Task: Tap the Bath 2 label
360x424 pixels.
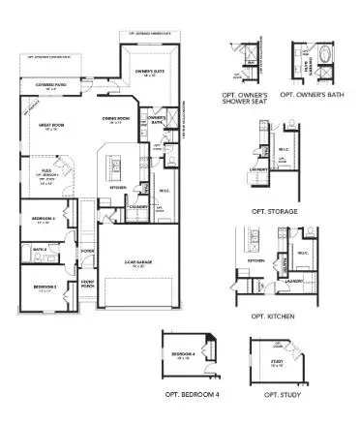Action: [x=39, y=249]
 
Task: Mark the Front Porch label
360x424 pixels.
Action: [x=86, y=285]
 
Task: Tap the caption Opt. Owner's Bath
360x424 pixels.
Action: [x=310, y=95]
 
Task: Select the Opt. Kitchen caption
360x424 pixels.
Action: [x=272, y=317]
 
